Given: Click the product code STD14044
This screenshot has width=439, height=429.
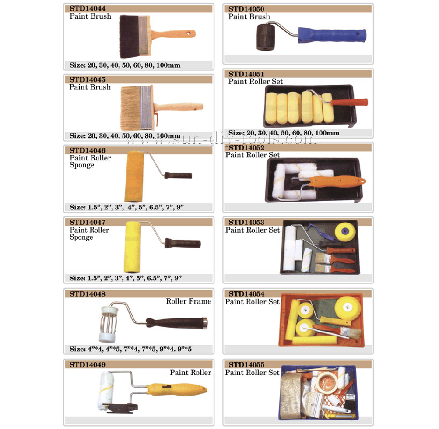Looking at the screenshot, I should [x=87, y=9].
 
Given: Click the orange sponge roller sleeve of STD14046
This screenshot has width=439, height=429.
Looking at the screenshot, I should [x=134, y=176].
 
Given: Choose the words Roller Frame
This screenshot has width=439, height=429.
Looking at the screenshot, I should [x=188, y=301].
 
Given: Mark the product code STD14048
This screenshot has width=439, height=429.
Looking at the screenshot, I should [x=87, y=294].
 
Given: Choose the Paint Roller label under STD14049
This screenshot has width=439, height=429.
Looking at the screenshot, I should [x=191, y=372].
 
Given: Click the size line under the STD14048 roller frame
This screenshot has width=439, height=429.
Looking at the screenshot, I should [x=131, y=349].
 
